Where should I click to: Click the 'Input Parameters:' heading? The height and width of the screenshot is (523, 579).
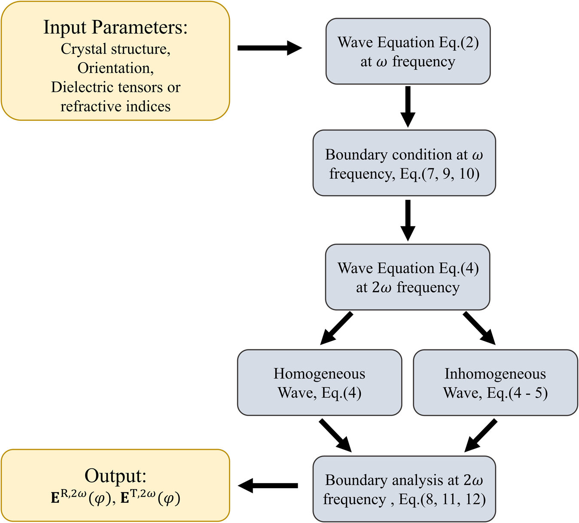pos(115,28)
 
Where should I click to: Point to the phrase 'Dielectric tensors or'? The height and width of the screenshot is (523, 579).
pos(115,87)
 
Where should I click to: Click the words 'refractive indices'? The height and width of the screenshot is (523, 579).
pos(115,106)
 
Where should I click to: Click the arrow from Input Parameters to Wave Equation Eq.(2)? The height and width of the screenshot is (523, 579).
pos(269,48)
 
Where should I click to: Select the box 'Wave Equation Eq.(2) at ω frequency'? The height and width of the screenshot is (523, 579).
pos(408,51)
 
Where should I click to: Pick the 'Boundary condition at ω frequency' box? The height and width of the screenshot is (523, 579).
pos(404,163)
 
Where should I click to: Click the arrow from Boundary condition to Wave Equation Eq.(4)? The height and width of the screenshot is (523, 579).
pos(408,220)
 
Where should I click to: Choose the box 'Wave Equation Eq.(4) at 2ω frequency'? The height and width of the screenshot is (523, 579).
pos(407,277)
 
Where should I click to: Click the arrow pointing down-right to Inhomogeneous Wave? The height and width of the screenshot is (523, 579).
pos(479,328)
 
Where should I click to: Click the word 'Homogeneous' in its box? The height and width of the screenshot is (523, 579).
pos(319,374)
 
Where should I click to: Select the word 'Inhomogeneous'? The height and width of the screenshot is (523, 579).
pos(495,374)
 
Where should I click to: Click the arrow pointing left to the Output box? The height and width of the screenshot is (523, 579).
pos(268,486)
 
